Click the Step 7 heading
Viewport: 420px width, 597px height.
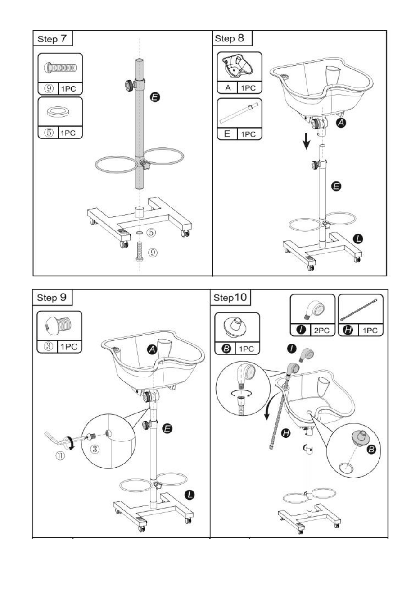point(52,39)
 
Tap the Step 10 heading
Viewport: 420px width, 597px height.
point(230,298)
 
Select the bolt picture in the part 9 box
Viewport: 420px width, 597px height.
point(61,67)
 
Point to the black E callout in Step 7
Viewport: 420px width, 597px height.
point(155,97)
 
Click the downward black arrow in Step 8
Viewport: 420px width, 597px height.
point(307,141)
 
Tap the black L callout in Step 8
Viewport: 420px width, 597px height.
point(358,239)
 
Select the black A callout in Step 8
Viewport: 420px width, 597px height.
point(341,123)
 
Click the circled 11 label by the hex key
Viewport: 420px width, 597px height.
point(60,455)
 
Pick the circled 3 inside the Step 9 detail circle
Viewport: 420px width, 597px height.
point(95,450)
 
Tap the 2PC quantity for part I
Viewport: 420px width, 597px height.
point(321,331)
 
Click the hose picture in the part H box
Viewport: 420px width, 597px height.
point(359,310)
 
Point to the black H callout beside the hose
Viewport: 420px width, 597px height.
point(286,433)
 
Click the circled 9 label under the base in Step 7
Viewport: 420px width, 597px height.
point(153,252)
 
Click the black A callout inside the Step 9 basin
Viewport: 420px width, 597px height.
point(152,349)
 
